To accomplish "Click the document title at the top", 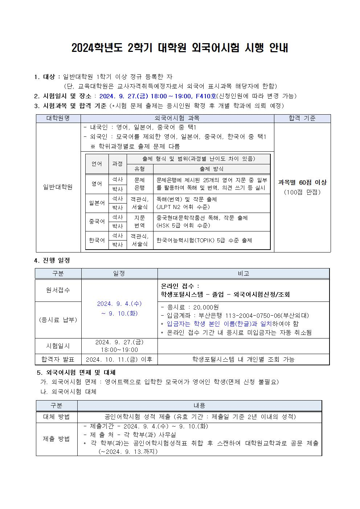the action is (180, 48).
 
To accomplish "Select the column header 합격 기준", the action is (302, 118).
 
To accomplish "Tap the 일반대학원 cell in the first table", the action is (58, 187).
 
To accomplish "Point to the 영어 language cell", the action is (97, 184).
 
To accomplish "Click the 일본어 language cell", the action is (97, 203).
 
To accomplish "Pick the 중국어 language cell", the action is (97, 221).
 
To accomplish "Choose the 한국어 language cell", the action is (97, 240).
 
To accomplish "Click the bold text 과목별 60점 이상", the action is (302, 182).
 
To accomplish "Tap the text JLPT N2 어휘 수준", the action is (183, 207).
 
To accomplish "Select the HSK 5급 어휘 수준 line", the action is (183, 225).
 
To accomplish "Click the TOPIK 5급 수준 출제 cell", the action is (204, 240).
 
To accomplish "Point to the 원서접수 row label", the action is (58, 290).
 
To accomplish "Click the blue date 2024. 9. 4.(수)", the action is (119, 304).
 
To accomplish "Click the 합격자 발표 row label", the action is (58, 360).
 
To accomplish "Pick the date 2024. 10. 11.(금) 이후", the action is (119, 360).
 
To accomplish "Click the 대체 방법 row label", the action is (56, 417).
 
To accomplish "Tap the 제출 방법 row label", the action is (56, 439).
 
